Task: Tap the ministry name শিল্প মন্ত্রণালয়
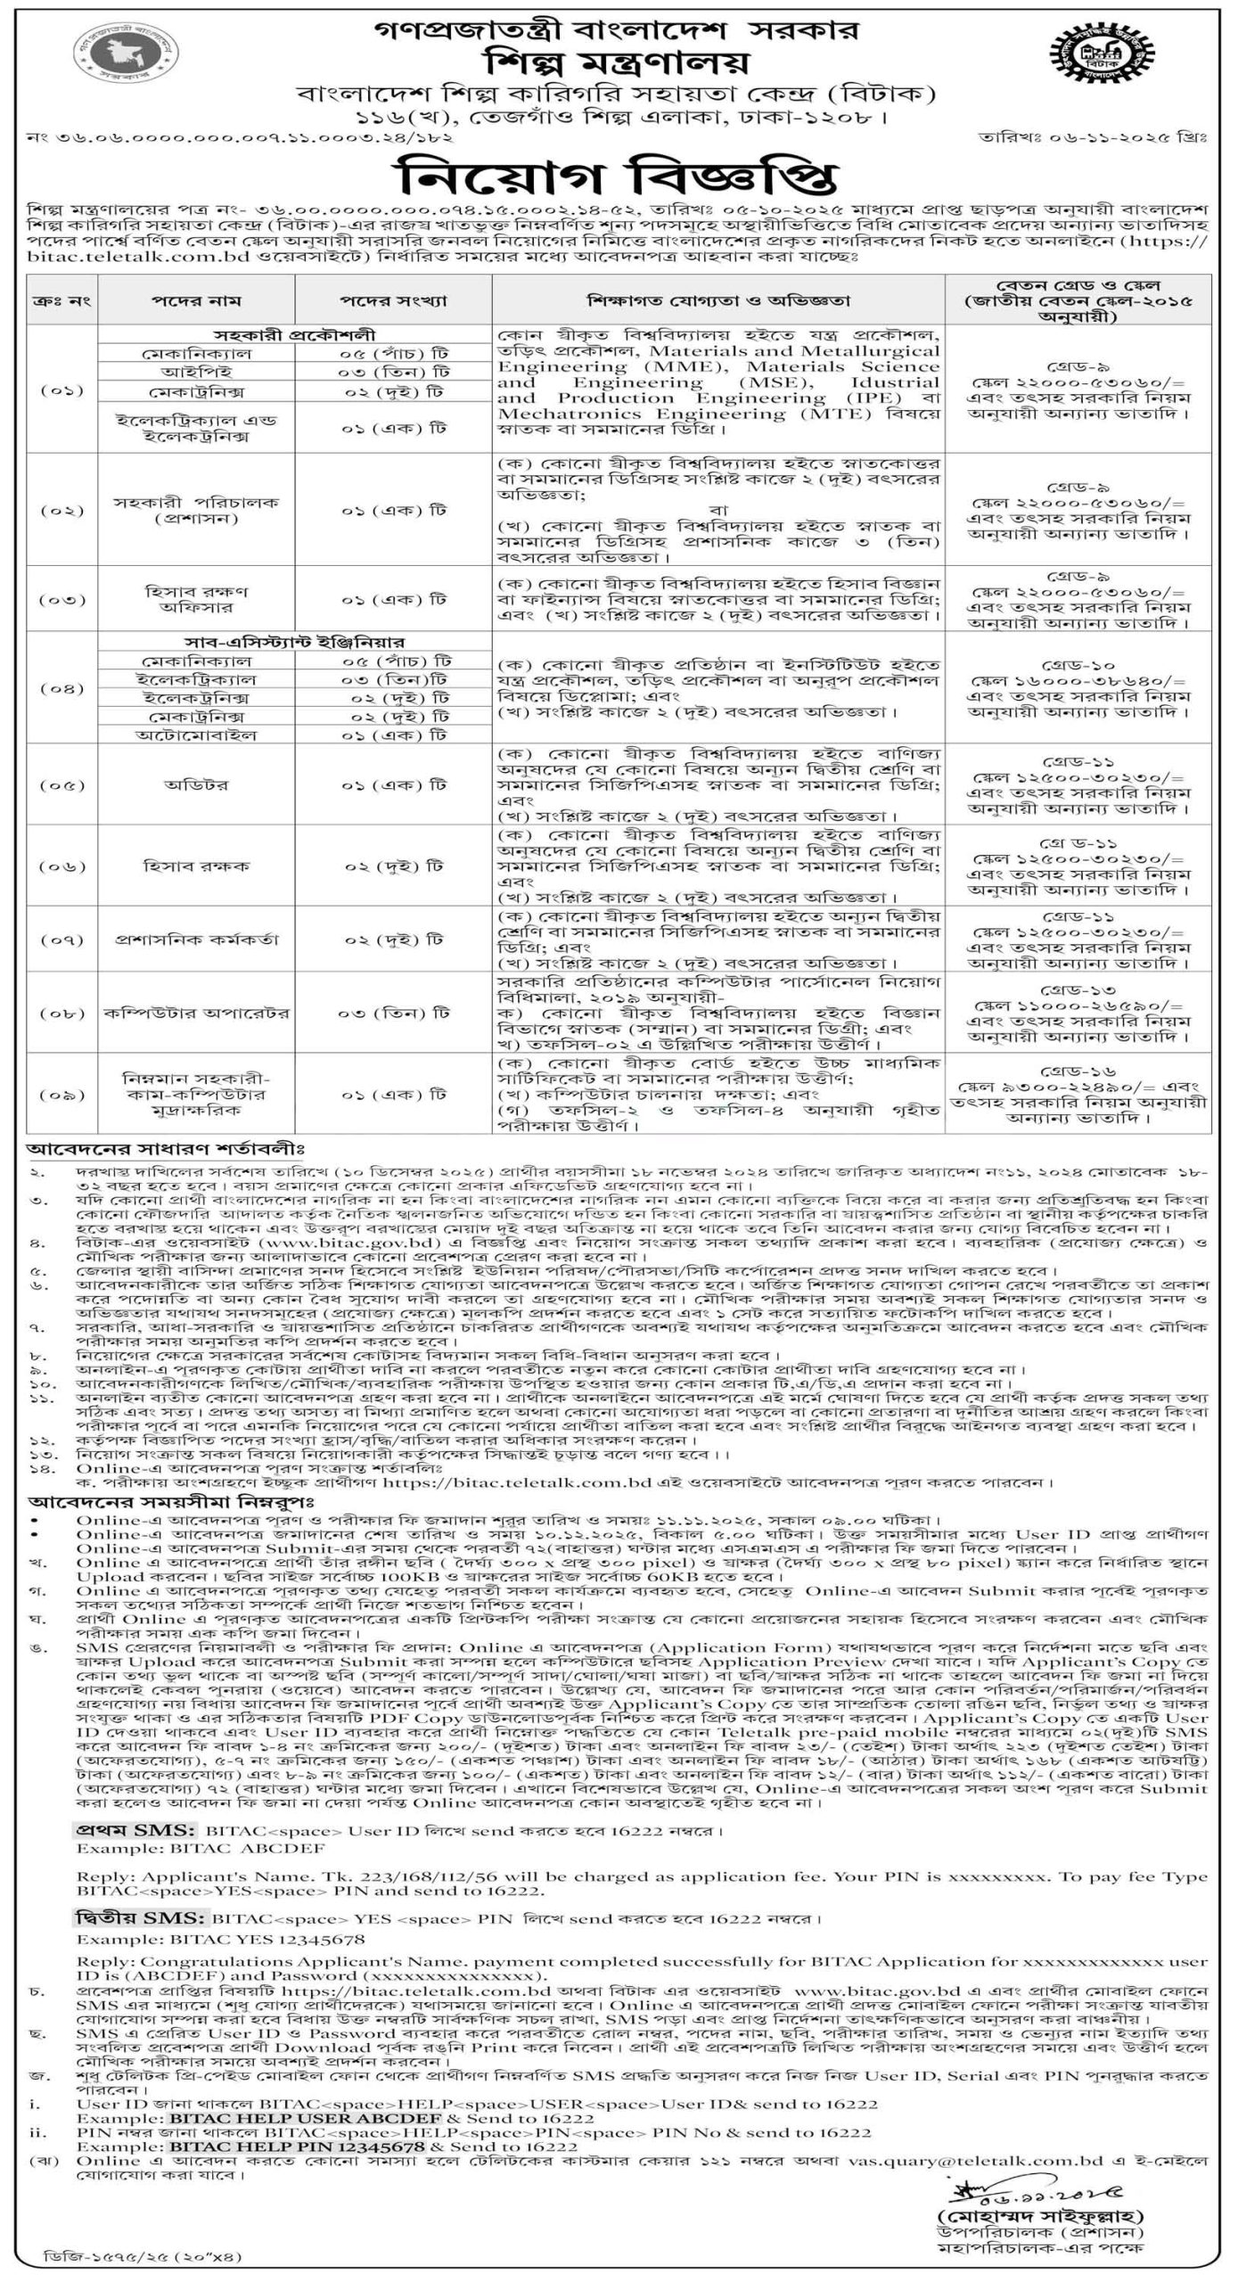(x=618, y=63)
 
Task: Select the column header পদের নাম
(x=196, y=301)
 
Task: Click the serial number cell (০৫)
(x=62, y=785)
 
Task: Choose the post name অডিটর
(x=196, y=785)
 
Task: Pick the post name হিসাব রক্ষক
(x=196, y=866)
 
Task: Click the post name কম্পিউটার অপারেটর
(x=196, y=1014)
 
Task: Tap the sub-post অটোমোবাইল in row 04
(x=196, y=735)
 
